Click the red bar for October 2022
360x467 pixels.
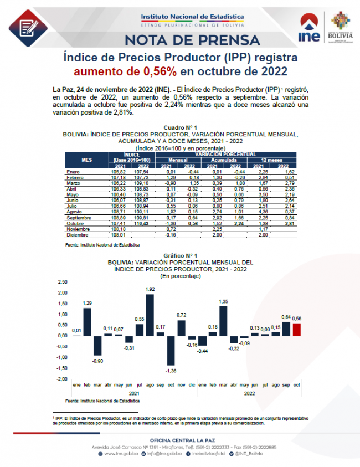click(x=297, y=330)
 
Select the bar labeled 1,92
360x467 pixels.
click(x=150, y=315)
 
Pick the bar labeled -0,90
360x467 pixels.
click(x=97, y=346)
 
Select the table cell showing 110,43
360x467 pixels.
click(x=143, y=223)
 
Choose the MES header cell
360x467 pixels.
click(x=87, y=160)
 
